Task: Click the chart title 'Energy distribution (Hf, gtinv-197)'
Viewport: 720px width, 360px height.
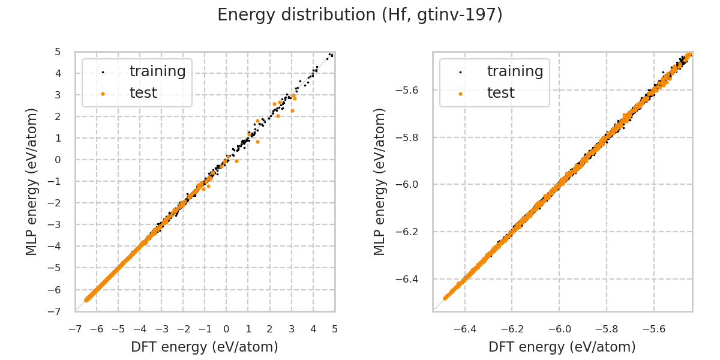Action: pos(360,15)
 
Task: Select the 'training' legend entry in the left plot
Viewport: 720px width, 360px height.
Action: pos(157,71)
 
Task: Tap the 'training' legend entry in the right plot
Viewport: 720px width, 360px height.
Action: pos(515,71)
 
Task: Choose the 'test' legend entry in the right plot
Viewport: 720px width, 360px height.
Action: pos(500,93)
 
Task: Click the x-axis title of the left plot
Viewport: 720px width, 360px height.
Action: pos(205,347)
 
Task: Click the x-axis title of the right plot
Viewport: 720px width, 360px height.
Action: pos(562,347)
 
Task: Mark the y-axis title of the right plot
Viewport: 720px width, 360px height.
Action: pos(380,181)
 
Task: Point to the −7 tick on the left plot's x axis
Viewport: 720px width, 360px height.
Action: pos(75,329)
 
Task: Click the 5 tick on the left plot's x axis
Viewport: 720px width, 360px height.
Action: pos(335,329)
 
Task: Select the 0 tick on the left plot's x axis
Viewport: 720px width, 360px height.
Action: pos(226,329)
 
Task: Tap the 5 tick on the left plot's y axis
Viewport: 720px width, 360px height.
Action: pos(58,52)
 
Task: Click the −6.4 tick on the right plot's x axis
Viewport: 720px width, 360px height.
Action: pos(465,329)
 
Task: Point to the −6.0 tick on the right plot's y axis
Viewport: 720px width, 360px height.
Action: pos(409,184)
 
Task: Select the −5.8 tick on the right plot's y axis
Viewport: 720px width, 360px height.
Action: pos(409,137)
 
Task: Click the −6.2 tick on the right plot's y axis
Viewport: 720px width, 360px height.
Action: pos(409,232)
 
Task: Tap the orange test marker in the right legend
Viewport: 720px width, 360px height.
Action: pos(460,94)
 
